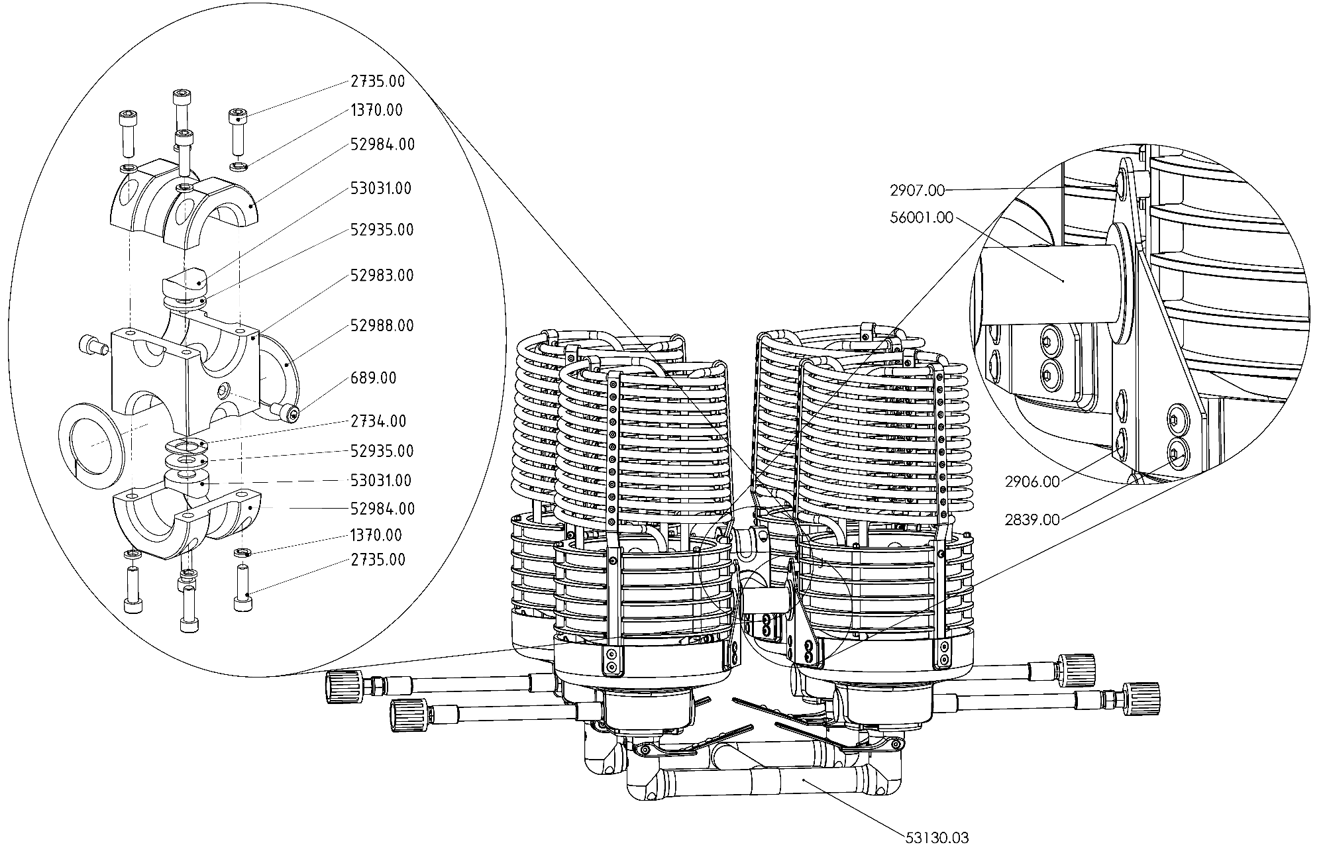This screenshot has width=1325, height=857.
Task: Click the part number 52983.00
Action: click(382, 275)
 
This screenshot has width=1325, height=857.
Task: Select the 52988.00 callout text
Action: click(382, 325)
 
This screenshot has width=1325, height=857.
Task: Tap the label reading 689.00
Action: click(374, 378)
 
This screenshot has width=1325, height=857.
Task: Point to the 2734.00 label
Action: click(378, 421)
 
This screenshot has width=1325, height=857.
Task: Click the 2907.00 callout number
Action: click(917, 191)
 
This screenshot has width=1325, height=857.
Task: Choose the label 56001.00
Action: click(921, 217)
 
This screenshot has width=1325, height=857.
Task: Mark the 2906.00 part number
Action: click(1032, 482)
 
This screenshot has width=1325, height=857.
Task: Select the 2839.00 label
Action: click(1032, 520)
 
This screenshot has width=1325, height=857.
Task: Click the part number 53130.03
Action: click(937, 838)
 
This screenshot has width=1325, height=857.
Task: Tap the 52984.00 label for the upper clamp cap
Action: click(383, 144)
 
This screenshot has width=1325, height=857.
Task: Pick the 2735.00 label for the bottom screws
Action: click(378, 560)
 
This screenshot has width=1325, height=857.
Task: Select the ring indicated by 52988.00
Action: click(286, 364)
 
